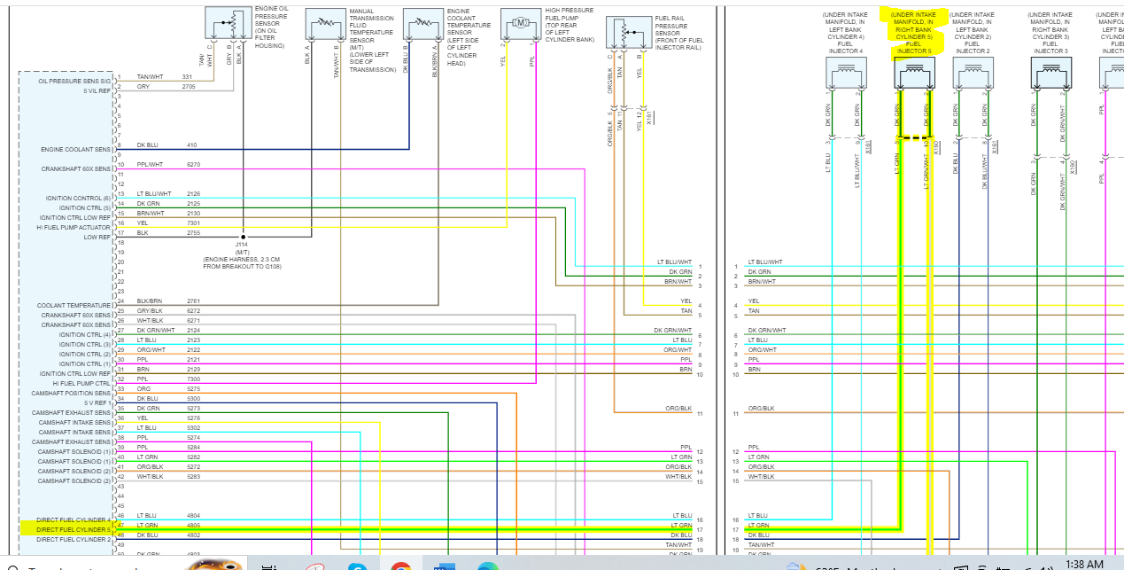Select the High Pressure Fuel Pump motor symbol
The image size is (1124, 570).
pyautogui.click(x=521, y=21)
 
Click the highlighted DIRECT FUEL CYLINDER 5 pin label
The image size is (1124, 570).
pyautogui.click(x=74, y=529)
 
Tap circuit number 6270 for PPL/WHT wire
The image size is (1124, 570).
pyautogui.click(x=193, y=165)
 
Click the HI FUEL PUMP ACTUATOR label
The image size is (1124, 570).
pyautogui.click(x=74, y=228)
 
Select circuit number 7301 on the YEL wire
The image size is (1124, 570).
pyautogui.click(x=193, y=223)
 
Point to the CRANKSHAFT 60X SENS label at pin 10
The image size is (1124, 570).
pyautogui.click(x=76, y=168)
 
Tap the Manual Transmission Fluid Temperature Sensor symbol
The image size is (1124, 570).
pyautogui.click(x=326, y=21)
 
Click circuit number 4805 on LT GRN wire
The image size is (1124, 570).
pyautogui.click(x=193, y=525)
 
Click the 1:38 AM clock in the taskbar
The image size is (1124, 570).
pyautogui.click(x=1084, y=564)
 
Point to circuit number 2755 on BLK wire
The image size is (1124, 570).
pyautogui.click(x=193, y=233)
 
